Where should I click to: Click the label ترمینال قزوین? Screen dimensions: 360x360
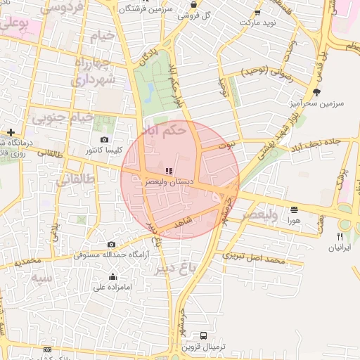[x=203, y=346]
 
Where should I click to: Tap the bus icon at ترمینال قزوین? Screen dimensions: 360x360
[x=204, y=335]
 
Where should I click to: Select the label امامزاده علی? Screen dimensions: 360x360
[x=113, y=287]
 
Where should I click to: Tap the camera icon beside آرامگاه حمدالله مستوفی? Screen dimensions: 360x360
[x=111, y=244]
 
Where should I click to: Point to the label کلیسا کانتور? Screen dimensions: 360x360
[x=104, y=150]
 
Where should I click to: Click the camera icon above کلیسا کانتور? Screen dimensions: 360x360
[x=105, y=140]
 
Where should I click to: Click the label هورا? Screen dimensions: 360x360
[x=293, y=220]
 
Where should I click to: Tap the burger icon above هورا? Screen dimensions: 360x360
[x=293, y=210]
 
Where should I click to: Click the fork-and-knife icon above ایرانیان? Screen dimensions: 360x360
[x=340, y=237]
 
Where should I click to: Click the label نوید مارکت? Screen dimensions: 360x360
[x=258, y=22]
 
